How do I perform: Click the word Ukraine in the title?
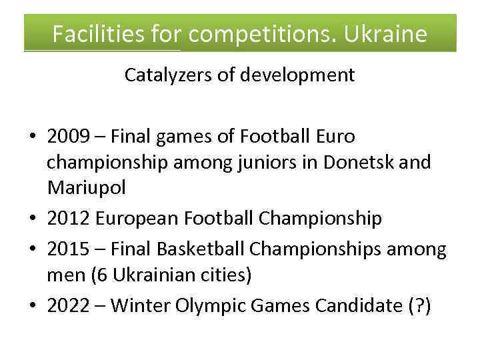(x=385, y=33)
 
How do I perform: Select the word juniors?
(x=263, y=162)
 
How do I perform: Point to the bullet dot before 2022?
(x=31, y=306)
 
